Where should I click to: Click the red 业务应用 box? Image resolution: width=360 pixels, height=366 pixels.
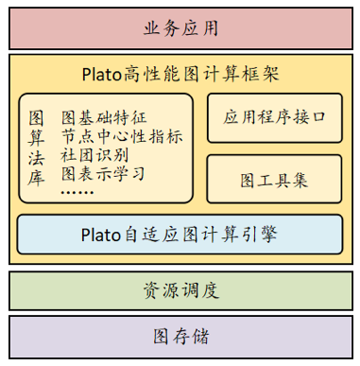tap(180, 27)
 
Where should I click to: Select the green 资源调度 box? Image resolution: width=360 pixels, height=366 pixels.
tap(180, 290)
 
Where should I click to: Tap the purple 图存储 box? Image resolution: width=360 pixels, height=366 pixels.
tap(180, 337)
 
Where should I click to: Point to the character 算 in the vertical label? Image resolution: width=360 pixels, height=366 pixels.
tap(37, 137)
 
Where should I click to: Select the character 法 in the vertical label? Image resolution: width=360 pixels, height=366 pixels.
tap(37, 156)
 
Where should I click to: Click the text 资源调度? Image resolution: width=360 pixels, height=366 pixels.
tap(180, 290)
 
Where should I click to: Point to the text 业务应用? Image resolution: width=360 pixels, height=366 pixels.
tap(180, 27)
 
